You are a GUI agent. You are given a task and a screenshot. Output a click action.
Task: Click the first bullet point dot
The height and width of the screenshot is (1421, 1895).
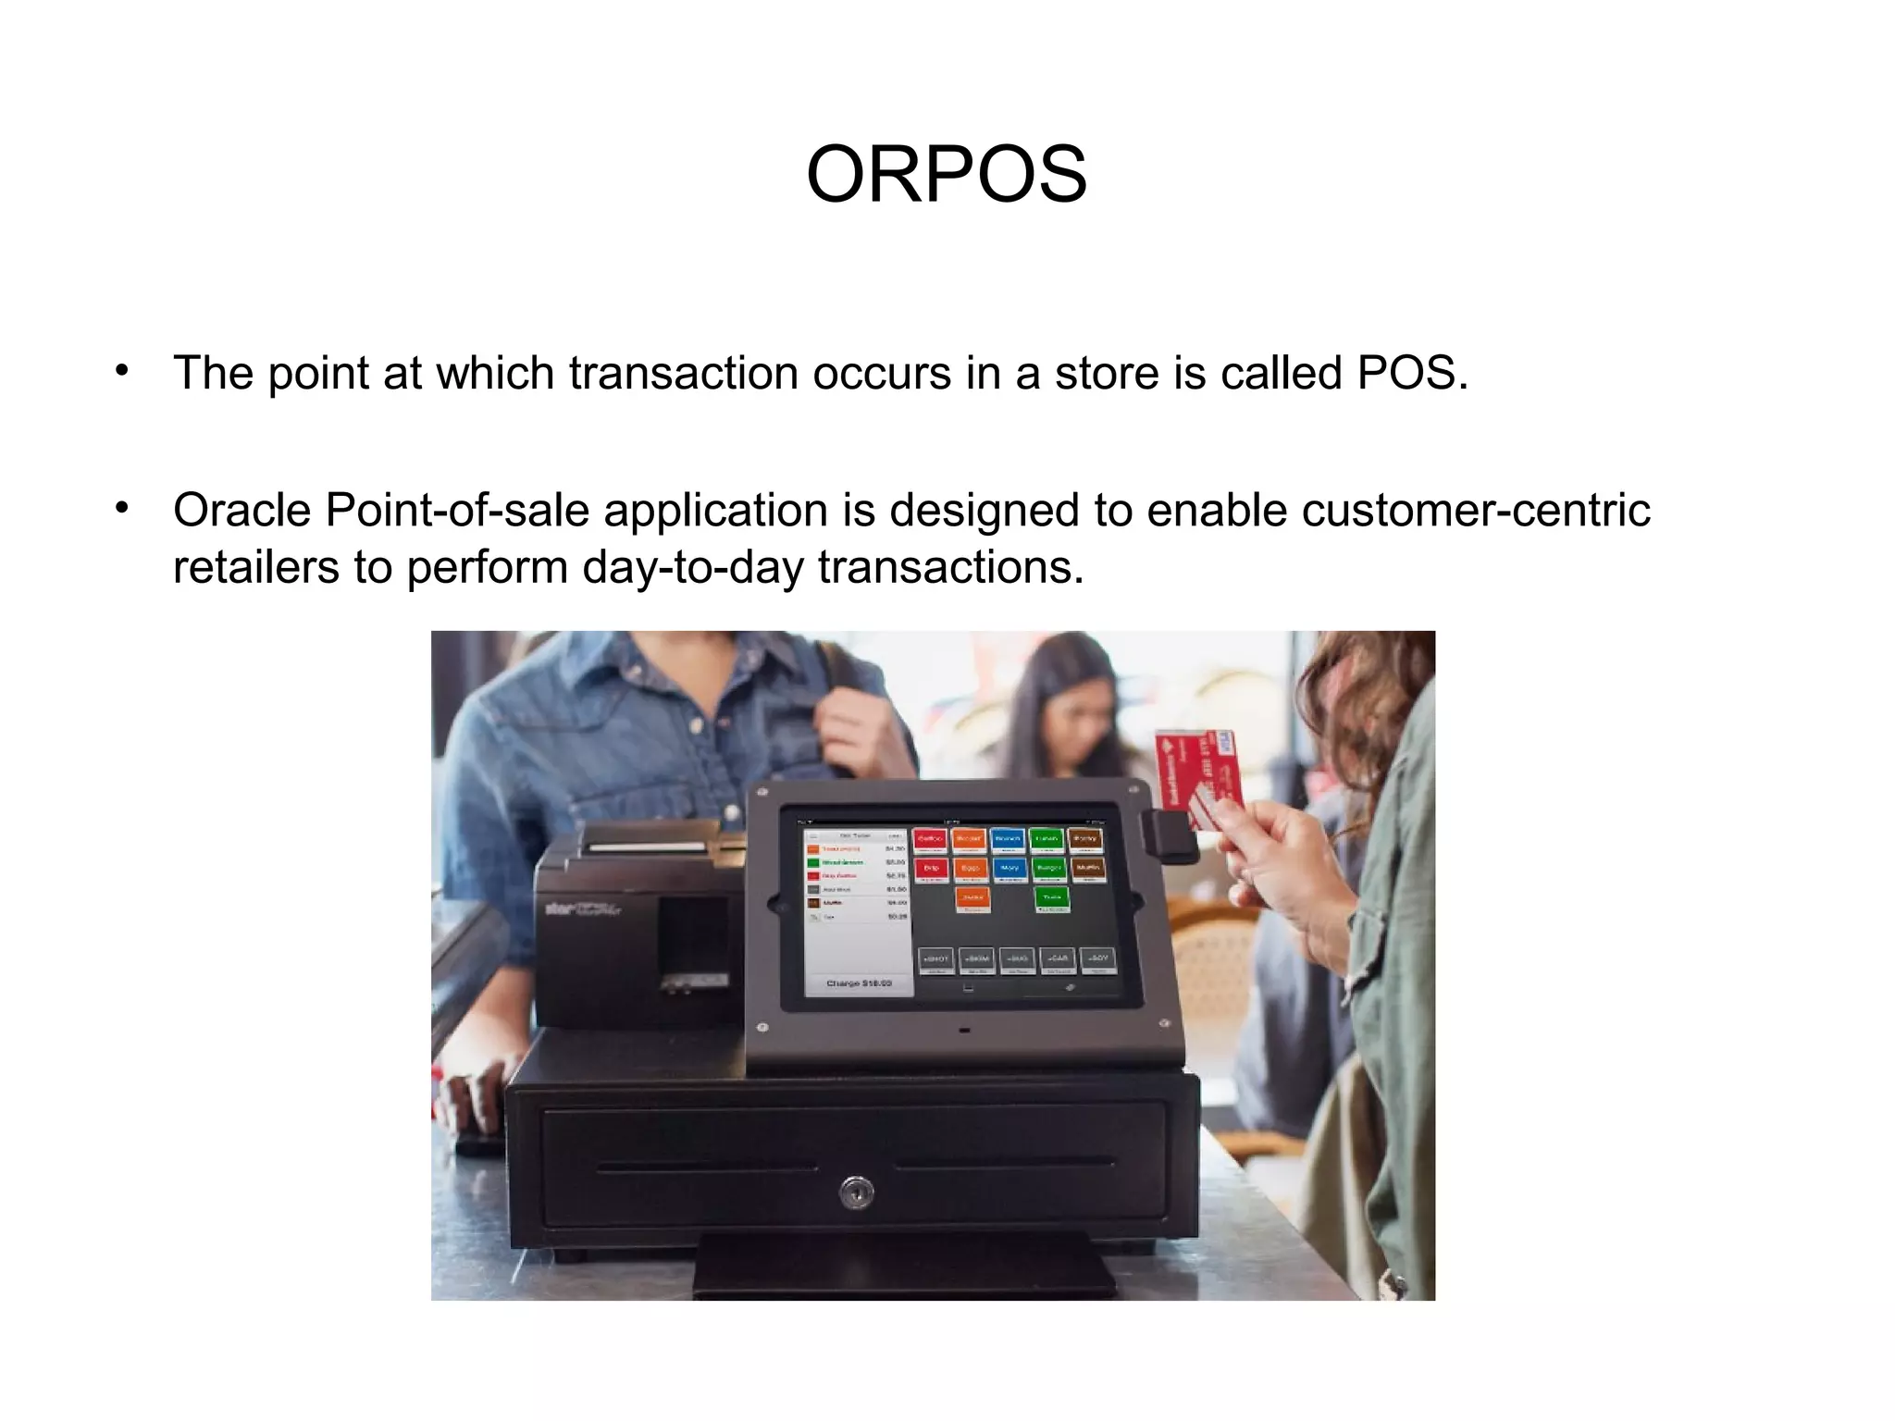pyautogui.click(x=122, y=371)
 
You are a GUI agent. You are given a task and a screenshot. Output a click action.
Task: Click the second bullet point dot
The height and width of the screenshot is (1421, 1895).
pyautogui.click(x=122, y=508)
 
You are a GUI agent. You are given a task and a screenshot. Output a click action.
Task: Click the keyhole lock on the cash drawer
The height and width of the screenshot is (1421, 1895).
pyautogui.click(x=856, y=1192)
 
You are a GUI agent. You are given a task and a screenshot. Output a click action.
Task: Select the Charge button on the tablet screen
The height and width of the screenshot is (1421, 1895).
pyautogui.click(x=859, y=983)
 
